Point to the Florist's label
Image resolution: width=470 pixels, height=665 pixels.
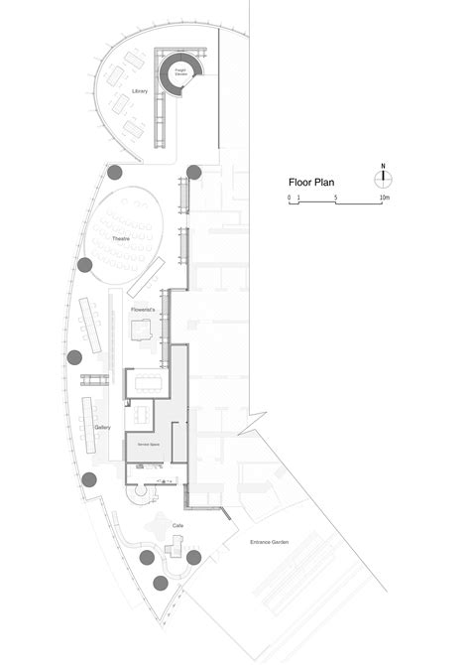coord(144,311)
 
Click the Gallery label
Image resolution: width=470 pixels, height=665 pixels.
coord(101,428)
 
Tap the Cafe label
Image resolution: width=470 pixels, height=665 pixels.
coord(178,523)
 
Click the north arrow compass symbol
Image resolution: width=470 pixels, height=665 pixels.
coord(383,178)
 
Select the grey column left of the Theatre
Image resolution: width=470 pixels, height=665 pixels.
coord(86,265)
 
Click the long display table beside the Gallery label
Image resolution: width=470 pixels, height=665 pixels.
coord(88,425)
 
